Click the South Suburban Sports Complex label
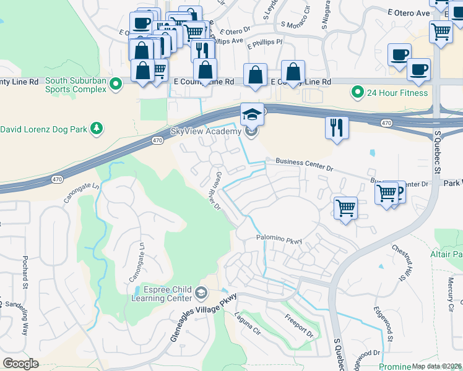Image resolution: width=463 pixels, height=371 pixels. click(x=76, y=84)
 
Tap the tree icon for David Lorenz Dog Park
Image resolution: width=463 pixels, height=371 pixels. click(x=96, y=129)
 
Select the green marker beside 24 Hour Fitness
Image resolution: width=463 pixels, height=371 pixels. click(x=357, y=93)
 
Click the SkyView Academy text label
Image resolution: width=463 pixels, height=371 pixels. click(x=205, y=131)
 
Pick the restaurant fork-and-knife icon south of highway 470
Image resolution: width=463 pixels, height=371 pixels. click(x=337, y=128)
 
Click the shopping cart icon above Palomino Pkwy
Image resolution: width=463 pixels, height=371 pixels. click(x=346, y=207)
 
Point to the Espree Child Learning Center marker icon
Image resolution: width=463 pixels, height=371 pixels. click(x=201, y=292)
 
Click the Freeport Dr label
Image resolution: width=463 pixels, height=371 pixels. click(x=300, y=327)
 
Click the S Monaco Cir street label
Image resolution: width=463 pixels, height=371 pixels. click(x=295, y=19)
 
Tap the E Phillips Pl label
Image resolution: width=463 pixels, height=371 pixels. click(x=264, y=44)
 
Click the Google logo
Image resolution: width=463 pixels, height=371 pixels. click(x=20, y=364)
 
